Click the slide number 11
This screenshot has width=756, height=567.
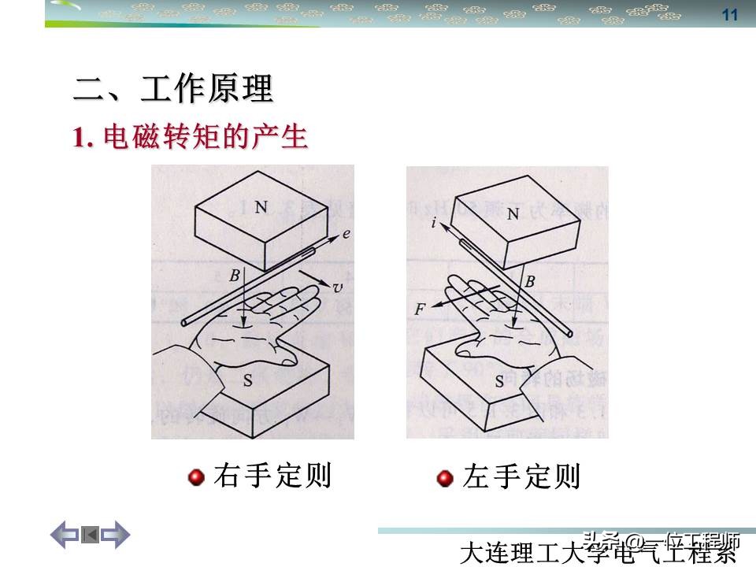click(729, 15)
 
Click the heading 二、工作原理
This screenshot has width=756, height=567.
click(173, 89)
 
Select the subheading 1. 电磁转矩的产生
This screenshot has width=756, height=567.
click(190, 138)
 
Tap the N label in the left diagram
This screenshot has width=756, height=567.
click(261, 206)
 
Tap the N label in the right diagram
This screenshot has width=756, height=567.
click(513, 213)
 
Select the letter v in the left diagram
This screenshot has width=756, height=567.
click(338, 288)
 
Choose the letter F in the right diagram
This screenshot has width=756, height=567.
click(419, 309)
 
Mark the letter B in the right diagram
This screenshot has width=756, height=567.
click(530, 281)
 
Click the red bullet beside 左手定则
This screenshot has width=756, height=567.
click(446, 478)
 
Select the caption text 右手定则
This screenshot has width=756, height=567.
click(272, 476)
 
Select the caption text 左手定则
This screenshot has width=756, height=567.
click(521, 476)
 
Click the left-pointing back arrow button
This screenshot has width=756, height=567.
click(65, 535)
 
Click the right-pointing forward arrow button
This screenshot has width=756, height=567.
click(115, 535)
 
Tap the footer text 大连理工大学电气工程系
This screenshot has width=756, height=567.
click(599, 550)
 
